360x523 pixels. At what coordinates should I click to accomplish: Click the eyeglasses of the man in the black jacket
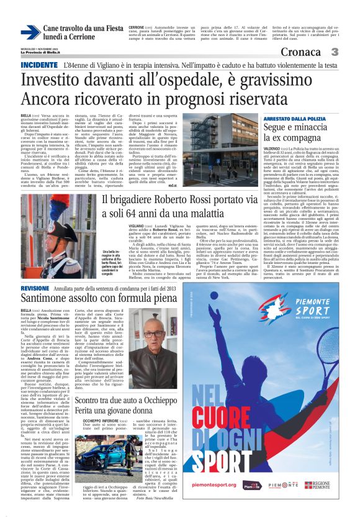[153, 334]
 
